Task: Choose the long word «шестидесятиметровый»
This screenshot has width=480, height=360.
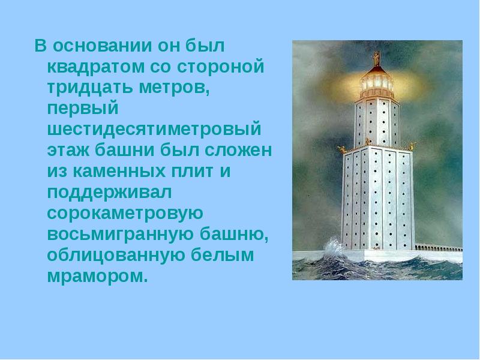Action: (x=155, y=130)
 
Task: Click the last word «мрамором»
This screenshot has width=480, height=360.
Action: (x=97, y=277)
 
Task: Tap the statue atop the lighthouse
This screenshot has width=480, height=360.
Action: (x=377, y=59)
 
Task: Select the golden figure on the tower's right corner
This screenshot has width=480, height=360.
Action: (x=412, y=145)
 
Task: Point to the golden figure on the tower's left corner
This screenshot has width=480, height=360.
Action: (x=342, y=148)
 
